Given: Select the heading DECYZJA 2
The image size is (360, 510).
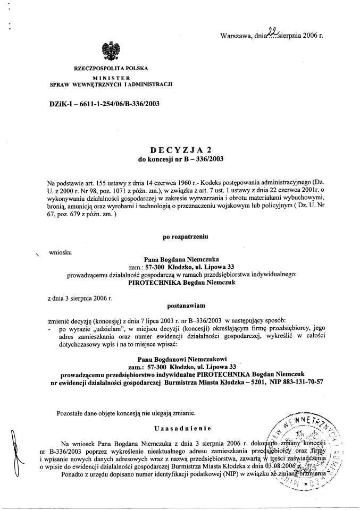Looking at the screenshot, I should coord(179,150).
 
